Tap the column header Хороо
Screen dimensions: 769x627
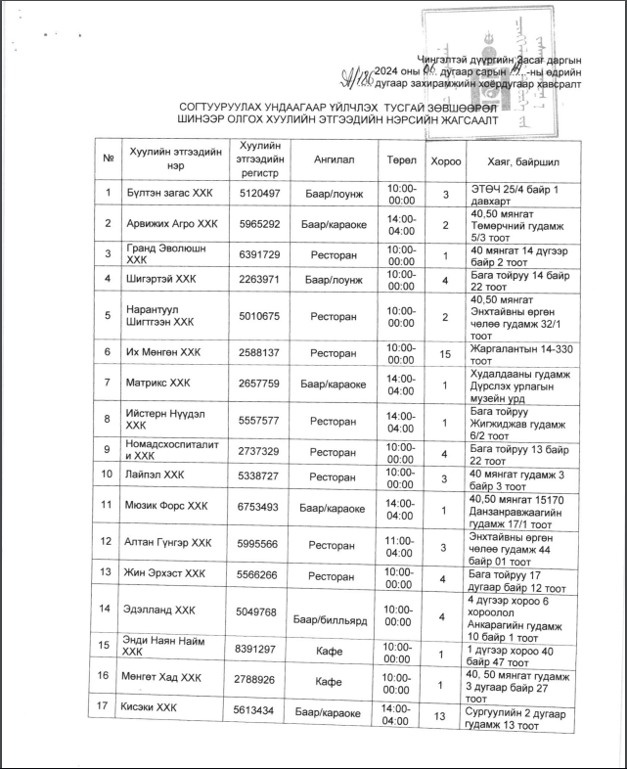coord(445,158)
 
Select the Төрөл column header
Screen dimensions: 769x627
coord(401,158)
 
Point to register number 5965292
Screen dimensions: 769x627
coord(259,224)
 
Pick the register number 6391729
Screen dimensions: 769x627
coord(259,255)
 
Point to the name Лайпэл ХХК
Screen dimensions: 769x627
coord(155,476)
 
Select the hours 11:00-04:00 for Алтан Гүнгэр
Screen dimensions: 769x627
coord(401,543)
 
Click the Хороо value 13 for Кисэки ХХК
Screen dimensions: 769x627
coord(445,717)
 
